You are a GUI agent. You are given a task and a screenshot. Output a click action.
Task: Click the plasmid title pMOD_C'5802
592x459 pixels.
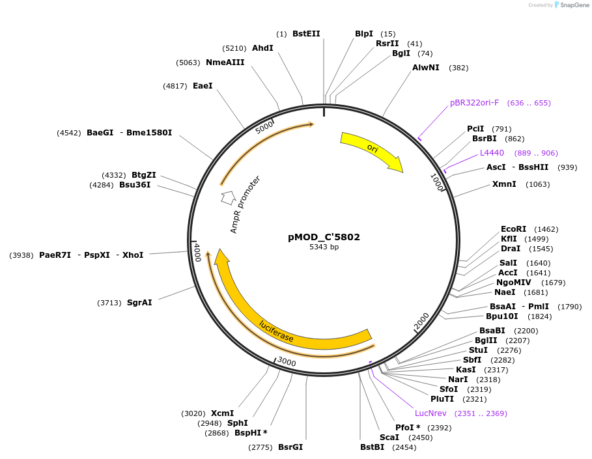click(x=324, y=238)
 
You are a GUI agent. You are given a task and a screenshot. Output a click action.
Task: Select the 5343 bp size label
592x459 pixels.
click(x=324, y=247)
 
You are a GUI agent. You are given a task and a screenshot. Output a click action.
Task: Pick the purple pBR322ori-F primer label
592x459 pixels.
click(x=474, y=103)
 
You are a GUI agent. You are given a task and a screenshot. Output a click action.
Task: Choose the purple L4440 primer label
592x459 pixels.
click(x=492, y=153)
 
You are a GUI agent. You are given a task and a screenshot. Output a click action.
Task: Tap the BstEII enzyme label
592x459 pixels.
click(x=306, y=34)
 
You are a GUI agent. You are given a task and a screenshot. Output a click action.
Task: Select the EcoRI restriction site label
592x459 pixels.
click(x=513, y=229)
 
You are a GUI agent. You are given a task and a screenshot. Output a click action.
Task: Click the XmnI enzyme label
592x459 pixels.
click(x=504, y=184)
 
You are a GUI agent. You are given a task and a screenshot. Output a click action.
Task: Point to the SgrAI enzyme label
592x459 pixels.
click(x=139, y=303)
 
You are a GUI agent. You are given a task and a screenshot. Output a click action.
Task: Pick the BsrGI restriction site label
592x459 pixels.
click(x=290, y=447)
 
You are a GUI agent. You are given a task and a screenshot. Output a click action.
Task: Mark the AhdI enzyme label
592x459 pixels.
click(x=262, y=48)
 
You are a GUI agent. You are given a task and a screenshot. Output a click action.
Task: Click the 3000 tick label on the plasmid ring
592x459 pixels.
click(x=287, y=362)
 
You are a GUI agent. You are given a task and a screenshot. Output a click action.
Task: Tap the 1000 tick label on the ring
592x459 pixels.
click(x=437, y=182)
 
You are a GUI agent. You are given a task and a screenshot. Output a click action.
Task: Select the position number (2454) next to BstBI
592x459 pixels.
click(x=404, y=447)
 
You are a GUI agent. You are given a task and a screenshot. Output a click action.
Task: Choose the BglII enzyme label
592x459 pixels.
click(x=486, y=341)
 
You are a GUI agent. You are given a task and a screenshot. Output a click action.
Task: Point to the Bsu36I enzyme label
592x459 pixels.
click(x=135, y=185)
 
